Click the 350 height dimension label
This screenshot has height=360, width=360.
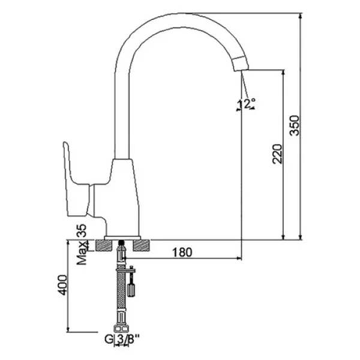[295, 125]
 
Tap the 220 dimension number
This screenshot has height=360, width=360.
[277, 154]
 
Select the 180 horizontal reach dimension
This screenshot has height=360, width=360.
[182, 252]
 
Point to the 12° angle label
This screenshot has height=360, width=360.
[247, 104]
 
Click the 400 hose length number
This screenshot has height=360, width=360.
[62, 285]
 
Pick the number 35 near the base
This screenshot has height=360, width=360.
[82, 230]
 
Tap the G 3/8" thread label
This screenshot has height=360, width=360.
[122, 339]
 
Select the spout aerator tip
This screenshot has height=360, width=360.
[241, 64]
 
